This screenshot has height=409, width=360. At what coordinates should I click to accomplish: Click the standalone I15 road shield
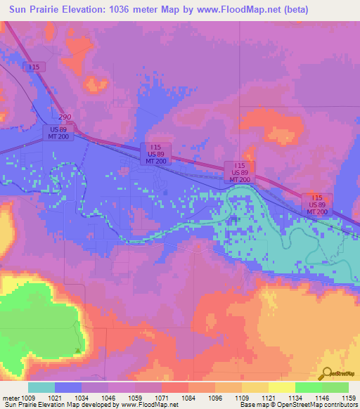(x=33, y=67)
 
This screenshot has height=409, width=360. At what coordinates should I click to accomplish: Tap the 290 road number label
(x=65, y=117)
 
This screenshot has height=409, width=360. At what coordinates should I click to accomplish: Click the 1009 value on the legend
(x=28, y=397)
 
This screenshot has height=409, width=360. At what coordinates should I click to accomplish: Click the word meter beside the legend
(x=10, y=397)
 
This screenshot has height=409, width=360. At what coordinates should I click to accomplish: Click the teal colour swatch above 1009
(x=41, y=387)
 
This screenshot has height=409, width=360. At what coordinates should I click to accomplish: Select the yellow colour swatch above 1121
(x=281, y=387)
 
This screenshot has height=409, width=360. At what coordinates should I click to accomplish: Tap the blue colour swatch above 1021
(x=67, y=387)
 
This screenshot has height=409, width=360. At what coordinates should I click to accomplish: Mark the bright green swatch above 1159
(x=335, y=387)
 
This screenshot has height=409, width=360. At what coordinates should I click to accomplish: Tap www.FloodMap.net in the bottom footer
(x=148, y=405)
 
